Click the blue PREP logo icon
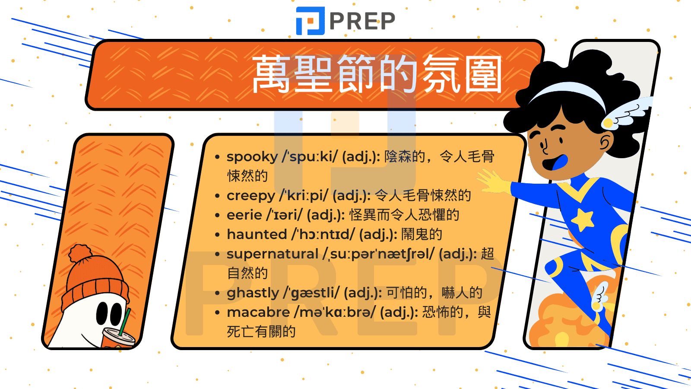point(310,21)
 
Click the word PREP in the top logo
point(362,21)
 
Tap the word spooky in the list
point(252,157)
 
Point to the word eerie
point(244,215)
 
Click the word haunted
point(257,234)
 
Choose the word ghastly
point(253,293)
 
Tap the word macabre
point(258,312)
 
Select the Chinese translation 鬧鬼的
point(422,234)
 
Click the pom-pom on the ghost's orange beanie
point(80,253)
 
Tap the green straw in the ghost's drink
point(125,322)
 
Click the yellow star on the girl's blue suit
point(583,220)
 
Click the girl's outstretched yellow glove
point(494,182)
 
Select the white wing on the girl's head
point(626,113)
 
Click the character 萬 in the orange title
point(271,74)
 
